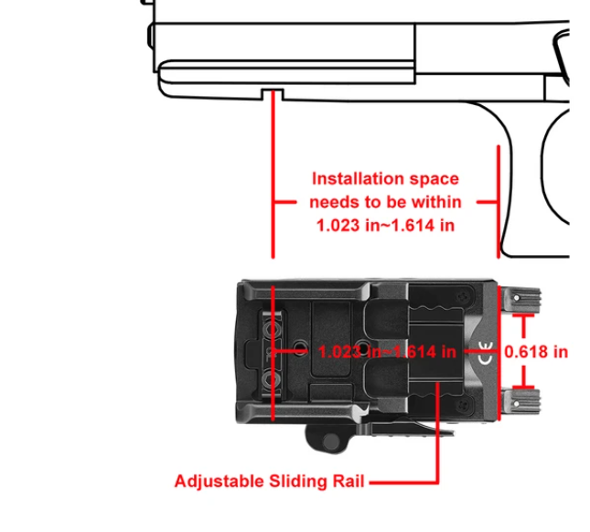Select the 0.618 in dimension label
tap(536, 352)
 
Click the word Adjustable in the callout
tap(220, 482)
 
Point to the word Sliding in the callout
tap(298, 482)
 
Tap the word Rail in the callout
tap(349, 481)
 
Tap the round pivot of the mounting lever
tap(330, 441)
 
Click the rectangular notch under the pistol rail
tap(273, 95)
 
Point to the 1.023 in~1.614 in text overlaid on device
tap(387, 352)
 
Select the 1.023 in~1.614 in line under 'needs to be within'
tap(386, 226)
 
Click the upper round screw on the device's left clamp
tap(272, 330)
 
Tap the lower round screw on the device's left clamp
tap(271, 380)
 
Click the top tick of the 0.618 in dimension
tap(523, 316)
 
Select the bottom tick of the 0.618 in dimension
tap(523, 387)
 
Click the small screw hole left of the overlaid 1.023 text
tap(300, 346)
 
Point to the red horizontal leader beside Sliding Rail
tap(404, 482)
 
